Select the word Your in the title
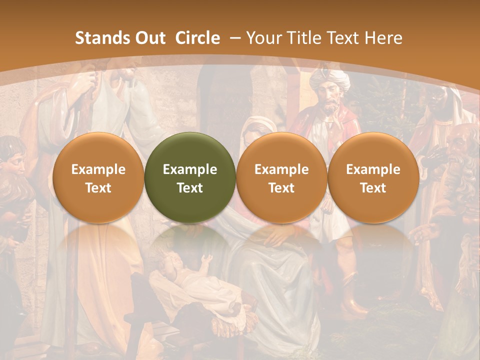[x=264, y=38]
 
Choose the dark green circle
[x=190, y=177]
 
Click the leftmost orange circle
[x=98, y=177]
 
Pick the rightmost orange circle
[x=373, y=177]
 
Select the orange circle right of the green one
[x=281, y=177]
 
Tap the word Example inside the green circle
[x=190, y=169]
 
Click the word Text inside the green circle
[x=190, y=188]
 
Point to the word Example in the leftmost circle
[x=98, y=169]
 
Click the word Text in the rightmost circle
[x=373, y=188]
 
